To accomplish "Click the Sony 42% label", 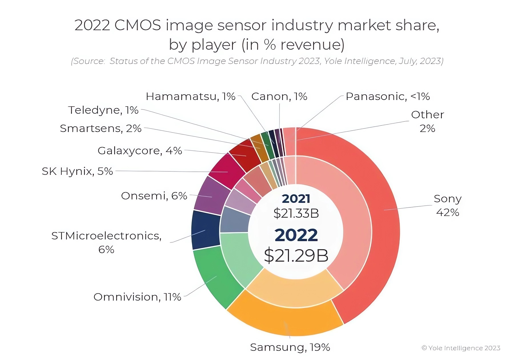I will pos(447,205).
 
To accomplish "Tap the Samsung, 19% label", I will pos(290,347).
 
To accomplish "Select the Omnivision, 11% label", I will pos(137,297).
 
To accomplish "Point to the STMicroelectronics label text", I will pos(106,236).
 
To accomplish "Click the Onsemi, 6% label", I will pos(154,196).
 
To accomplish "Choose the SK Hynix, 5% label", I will pos(77,171).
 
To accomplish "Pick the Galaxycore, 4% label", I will pos(140,151).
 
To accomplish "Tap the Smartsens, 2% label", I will pos(101,128).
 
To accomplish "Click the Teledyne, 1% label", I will pos(103,110).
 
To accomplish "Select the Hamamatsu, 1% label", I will pos(190,96).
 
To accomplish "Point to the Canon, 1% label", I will pos(279,96).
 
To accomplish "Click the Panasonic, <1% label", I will pos(387,96).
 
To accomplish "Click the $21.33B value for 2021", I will pos(296,213).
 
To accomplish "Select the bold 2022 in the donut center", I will pos(296,235).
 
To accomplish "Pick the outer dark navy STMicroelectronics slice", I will pos(205,230).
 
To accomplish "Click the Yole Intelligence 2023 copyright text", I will pos(461,348).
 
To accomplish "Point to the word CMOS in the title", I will pos(138,25).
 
